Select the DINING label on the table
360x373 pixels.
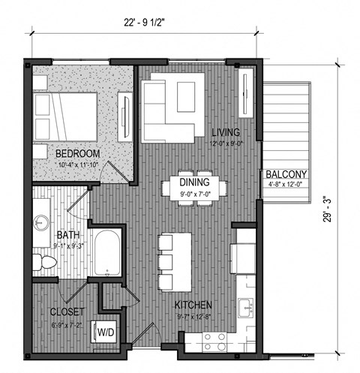[x=193, y=180]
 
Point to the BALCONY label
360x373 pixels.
[x=287, y=176]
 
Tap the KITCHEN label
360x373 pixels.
[x=193, y=306]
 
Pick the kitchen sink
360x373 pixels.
[x=244, y=307]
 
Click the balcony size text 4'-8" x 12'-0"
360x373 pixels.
[x=287, y=187]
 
